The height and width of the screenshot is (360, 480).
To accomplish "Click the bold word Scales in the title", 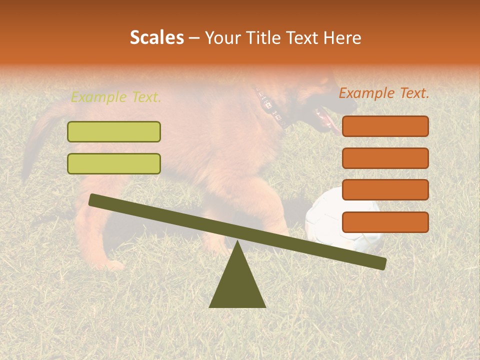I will coord(156,38).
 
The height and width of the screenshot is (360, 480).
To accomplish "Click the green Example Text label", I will coord(116,97).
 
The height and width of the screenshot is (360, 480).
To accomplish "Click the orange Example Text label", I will coord(383,93).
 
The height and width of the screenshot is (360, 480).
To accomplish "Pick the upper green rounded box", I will coord(114,131).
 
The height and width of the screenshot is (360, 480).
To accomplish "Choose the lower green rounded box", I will coord(114,163).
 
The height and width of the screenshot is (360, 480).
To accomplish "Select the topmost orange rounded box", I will coord(385,126).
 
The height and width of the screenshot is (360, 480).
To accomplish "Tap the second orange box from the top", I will coord(385,158).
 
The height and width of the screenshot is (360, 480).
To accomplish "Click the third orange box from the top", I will coord(385,190).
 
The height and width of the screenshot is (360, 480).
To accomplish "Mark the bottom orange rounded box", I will coord(385,222).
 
